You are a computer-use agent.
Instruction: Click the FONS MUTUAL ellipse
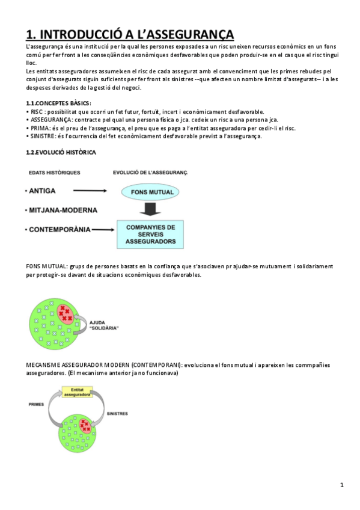150,192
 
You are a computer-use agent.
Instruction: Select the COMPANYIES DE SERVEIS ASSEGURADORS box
150,235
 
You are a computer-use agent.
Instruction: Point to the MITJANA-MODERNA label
61,210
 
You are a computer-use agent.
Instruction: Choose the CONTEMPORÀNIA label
59,229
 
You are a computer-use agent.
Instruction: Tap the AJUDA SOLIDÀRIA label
103,325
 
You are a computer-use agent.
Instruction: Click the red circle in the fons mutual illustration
65,313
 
